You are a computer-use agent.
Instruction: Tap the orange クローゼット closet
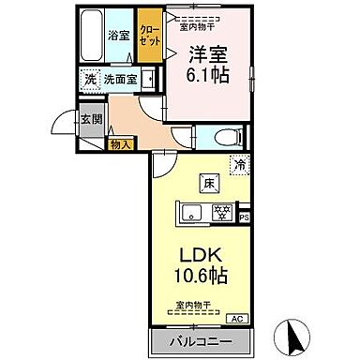click(x=149, y=37)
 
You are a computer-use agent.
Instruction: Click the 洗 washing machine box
click(x=91, y=80)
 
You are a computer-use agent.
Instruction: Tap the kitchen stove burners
click(x=223, y=212)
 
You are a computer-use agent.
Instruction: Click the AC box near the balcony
click(x=236, y=318)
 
